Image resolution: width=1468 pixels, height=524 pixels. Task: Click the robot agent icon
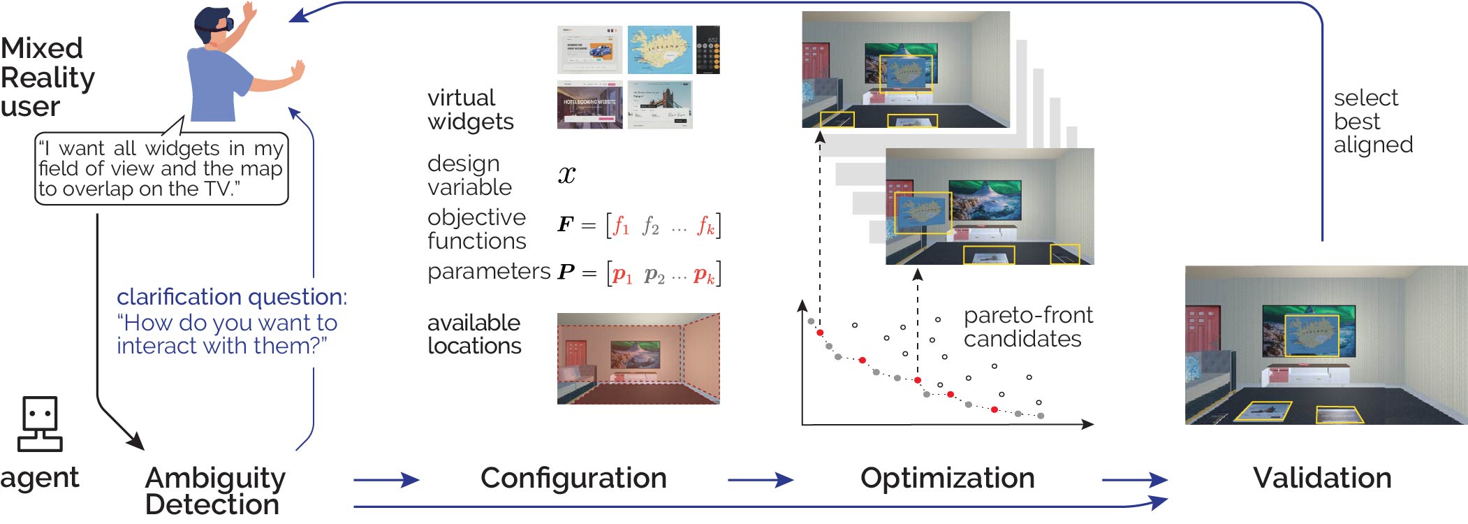40,424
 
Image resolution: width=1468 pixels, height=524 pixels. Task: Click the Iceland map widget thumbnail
659,50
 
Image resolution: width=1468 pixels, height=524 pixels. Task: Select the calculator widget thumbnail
707,50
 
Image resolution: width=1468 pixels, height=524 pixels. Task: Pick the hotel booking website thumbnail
589,105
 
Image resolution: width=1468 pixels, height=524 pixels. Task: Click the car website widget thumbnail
589,50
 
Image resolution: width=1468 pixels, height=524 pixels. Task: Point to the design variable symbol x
566,174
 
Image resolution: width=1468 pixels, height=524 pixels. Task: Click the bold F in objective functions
565,225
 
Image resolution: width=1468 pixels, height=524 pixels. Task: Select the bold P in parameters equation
566,272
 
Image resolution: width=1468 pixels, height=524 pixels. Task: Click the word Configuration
573,479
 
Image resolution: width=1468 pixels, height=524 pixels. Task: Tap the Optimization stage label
947,479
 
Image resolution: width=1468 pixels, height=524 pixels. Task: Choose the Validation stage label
1321,479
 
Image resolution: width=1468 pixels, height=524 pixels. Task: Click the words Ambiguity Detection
214,490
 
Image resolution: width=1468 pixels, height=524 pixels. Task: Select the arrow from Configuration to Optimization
760,480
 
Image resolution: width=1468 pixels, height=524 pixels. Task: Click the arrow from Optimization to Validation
1134,480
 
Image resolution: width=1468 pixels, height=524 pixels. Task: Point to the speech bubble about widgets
161,168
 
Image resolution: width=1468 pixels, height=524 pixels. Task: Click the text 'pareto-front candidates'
1027,327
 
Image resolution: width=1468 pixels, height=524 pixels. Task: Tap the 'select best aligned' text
1372,121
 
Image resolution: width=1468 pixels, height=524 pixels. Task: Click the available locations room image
638,358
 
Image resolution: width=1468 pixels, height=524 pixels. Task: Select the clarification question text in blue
231,321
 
